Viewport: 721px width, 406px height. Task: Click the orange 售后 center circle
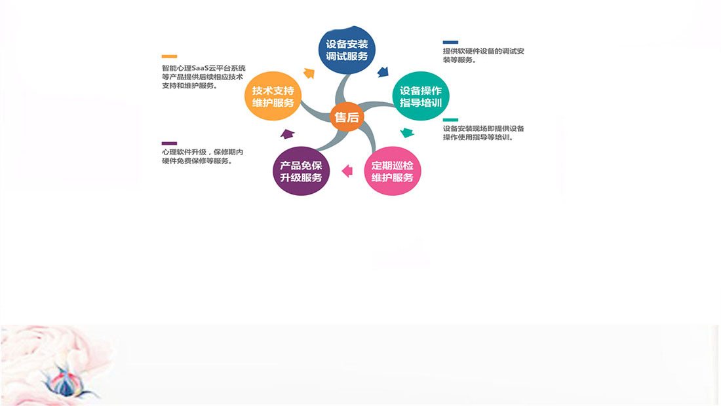coord(347,117)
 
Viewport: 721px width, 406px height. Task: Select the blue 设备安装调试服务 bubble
coord(347,50)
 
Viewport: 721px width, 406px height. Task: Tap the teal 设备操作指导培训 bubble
coord(420,96)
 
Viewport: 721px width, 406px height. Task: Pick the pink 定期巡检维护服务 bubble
coord(392,171)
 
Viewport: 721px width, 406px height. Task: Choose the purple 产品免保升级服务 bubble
coord(302,171)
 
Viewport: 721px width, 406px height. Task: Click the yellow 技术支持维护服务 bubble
coord(273,96)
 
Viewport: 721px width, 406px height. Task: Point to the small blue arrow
coord(383,71)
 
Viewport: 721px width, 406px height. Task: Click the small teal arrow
coord(407,133)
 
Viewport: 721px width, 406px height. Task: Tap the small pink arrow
coord(347,171)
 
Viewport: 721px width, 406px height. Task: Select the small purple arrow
coord(287,134)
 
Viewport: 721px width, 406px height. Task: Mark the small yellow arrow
coord(309,73)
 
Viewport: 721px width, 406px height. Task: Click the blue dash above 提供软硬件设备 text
coord(451,43)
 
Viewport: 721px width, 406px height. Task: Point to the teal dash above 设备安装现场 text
coord(451,120)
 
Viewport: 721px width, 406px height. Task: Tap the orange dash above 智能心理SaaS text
coord(169,56)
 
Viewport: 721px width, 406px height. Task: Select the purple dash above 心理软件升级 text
coord(169,143)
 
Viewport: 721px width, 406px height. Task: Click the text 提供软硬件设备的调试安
coord(483,51)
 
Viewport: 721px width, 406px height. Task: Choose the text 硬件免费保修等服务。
coord(197,160)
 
